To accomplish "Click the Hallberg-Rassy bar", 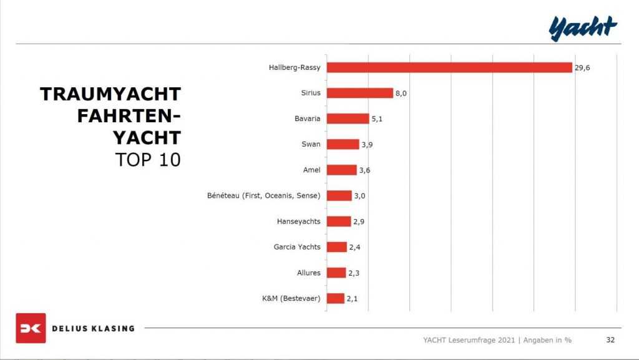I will point(449,67).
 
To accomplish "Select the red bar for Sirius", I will point(359,93).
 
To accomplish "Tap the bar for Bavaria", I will point(348,119).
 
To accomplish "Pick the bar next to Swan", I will point(343,144).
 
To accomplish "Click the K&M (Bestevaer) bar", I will point(335,298).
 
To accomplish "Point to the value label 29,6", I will point(582,67).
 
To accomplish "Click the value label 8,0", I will point(401,93).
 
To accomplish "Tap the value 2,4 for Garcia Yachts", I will point(355,247).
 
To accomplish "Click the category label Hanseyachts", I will point(298,221).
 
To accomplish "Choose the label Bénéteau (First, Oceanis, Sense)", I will point(263,196).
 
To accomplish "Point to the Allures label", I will point(308,273).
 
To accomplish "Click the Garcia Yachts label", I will point(296,247).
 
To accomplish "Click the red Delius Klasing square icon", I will point(31,328).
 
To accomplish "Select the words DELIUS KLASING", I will point(93,328).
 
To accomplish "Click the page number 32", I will point(610,340).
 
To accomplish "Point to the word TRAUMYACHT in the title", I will point(110,94).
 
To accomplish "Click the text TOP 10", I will point(148,159).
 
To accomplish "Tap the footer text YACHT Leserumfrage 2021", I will point(469,340).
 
